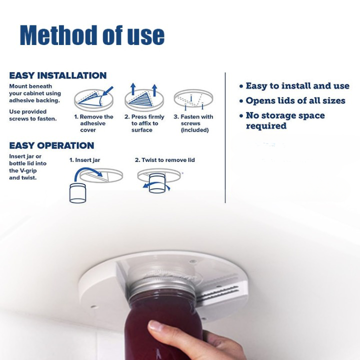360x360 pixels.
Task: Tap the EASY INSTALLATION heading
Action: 58,75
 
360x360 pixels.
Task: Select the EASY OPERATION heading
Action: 51,145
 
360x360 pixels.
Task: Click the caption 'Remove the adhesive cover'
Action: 93,123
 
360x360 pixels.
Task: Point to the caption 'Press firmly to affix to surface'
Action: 144,123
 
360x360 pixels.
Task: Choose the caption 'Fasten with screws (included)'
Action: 193,123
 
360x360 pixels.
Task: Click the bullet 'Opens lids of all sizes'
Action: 292,101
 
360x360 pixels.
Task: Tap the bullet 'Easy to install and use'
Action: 294,86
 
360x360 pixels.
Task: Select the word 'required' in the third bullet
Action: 266,126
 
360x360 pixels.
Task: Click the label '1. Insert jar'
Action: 84,160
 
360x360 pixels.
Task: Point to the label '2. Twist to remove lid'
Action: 165,160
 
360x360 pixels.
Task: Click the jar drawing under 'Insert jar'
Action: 77,193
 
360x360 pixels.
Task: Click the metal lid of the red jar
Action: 162,289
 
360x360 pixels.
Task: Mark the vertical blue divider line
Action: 225,138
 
